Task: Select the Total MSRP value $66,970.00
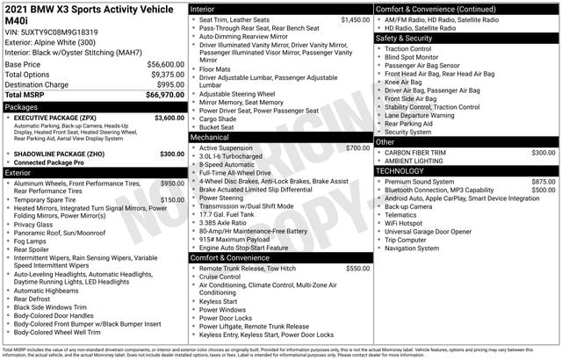[160, 93]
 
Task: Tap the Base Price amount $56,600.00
[160, 64]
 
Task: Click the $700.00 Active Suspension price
[357, 148]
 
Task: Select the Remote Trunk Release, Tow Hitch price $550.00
[357, 268]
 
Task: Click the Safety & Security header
[409, 39]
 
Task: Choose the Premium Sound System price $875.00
[543, 181]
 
